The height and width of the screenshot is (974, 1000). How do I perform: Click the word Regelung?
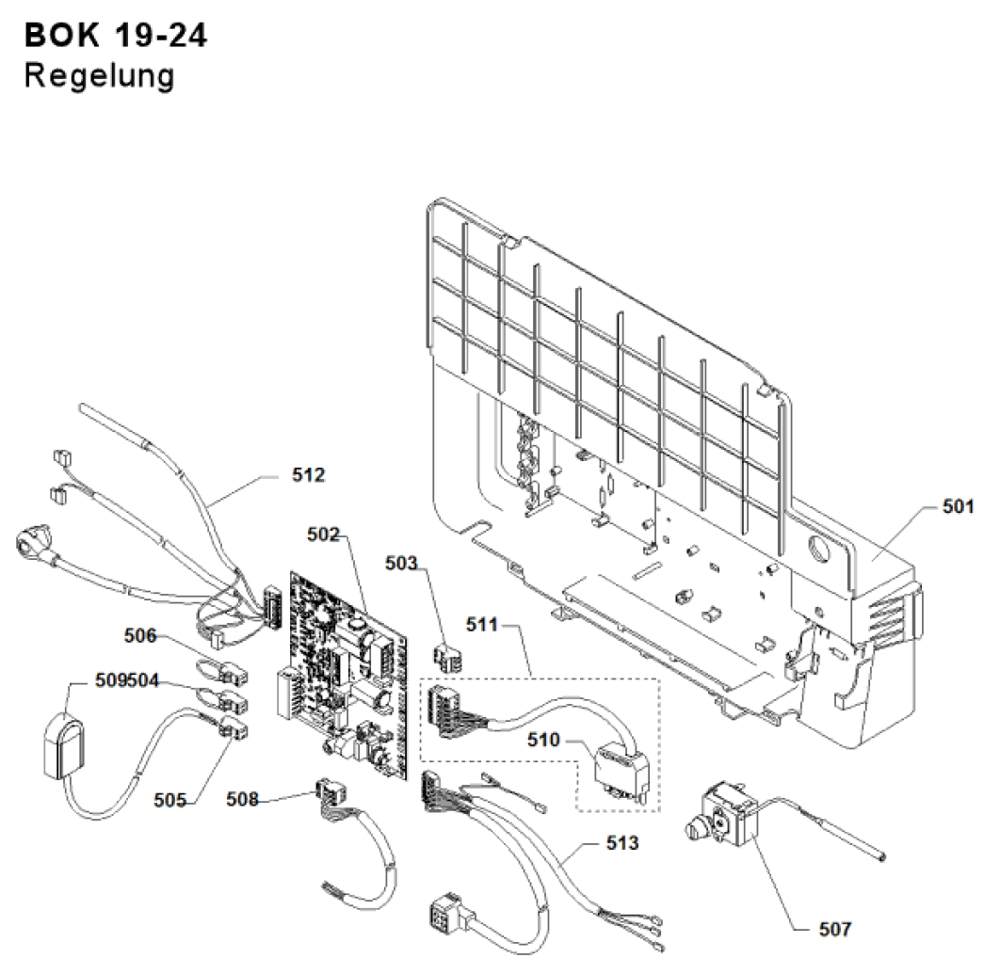point(100,75)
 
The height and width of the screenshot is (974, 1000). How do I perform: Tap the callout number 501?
point(959,507)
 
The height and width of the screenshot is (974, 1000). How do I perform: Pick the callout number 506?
point(140,636)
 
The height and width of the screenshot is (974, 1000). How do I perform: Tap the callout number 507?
point(833,929)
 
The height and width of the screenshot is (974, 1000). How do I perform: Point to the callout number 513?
point(621,842)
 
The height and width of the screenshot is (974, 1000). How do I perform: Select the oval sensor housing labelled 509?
point(64,747)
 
